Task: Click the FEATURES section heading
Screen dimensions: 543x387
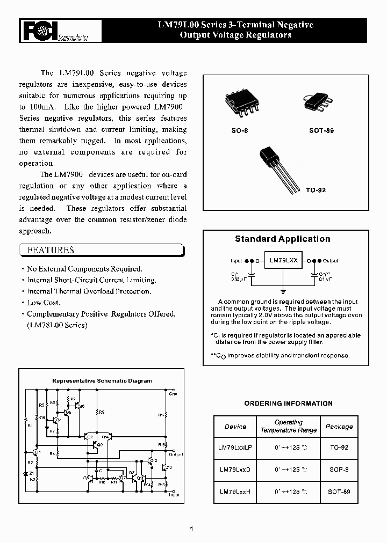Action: pyautogui.click(x=51, y=250)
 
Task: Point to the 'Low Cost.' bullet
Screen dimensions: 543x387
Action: pyautogui.click(x=44, y=303)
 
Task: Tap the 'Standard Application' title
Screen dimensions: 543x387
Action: pyautogui.click(x=283, y=239)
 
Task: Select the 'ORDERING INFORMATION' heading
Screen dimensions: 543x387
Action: pyautogui.click(x=288, y=403)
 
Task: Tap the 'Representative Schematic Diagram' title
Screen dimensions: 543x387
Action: pyautogui.click(x=102, y=380)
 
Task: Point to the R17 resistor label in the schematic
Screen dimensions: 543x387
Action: pyautogui.click(x=162, y=415)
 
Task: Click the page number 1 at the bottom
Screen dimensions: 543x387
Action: pyautogui.click(x=191, y=529)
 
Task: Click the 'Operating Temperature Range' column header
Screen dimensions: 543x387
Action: pyautogui.click(x=289, y=427)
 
